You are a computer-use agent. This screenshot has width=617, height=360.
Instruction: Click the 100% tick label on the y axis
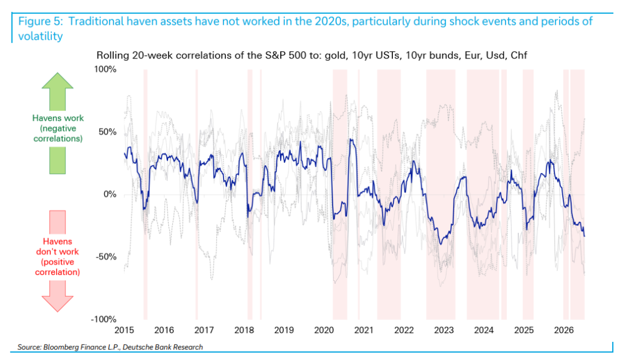[105, 69]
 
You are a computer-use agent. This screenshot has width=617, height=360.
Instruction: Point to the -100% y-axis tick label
[104, 320]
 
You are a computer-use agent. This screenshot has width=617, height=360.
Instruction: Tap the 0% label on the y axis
[110, 195]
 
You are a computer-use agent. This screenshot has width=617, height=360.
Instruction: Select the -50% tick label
[105, 257]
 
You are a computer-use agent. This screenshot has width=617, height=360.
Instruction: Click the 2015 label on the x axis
[124, 330]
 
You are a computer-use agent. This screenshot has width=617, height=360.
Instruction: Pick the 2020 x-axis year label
[324, 330]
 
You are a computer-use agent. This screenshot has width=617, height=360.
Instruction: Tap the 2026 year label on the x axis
[564, 330]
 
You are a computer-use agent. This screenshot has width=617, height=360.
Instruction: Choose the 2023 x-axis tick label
[444, 330]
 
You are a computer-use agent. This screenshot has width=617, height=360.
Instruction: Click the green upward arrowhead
[57, 81]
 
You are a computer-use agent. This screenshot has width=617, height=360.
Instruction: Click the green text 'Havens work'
[58, 118]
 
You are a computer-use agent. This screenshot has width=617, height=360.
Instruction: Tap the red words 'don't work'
[57, 251]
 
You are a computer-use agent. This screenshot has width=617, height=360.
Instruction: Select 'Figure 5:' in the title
[40, 21]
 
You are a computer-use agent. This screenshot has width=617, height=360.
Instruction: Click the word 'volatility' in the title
[40, 36]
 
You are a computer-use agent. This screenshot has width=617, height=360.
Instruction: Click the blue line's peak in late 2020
[351, 139]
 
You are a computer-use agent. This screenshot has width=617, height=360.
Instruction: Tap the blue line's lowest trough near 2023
[440, 244]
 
